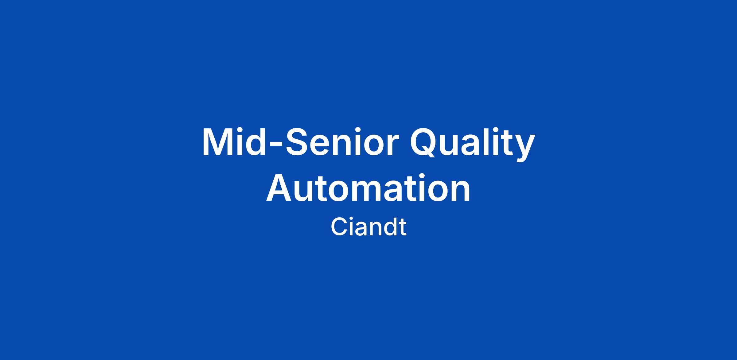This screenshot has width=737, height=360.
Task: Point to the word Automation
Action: [x=368, y=188]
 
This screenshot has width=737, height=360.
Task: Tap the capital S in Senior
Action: [x=297, y=142]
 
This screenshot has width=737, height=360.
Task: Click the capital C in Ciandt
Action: [x=339, y=227]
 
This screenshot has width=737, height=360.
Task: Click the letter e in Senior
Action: [x=322, y=146]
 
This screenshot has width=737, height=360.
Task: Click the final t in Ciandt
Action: [x=403, y=228]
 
